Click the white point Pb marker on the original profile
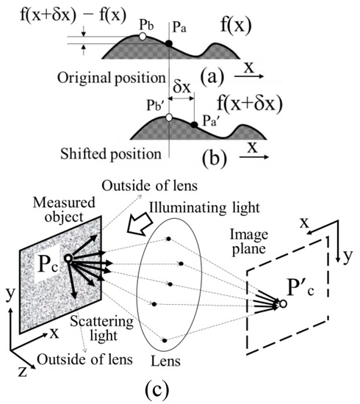(x=143, y=35)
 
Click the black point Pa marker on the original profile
(x=168, y=44)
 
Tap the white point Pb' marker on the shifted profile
(x=168, y=117)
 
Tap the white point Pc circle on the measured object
(x=68, y=259)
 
